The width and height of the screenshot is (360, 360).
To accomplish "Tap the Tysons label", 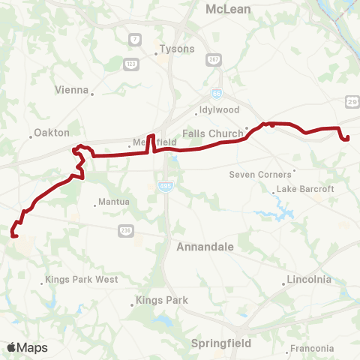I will pyautogui.click(x=176, y=49).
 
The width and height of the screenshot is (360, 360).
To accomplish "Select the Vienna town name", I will pyautogui.click(x=72, y=89).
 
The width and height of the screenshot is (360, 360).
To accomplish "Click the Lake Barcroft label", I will pyautogui.click(x=305, y=189).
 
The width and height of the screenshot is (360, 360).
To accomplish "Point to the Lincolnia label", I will pyautogui.click(x=308, y=280).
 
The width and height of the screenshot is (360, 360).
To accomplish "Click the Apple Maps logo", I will pyautogui.click(x=27, y=347).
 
